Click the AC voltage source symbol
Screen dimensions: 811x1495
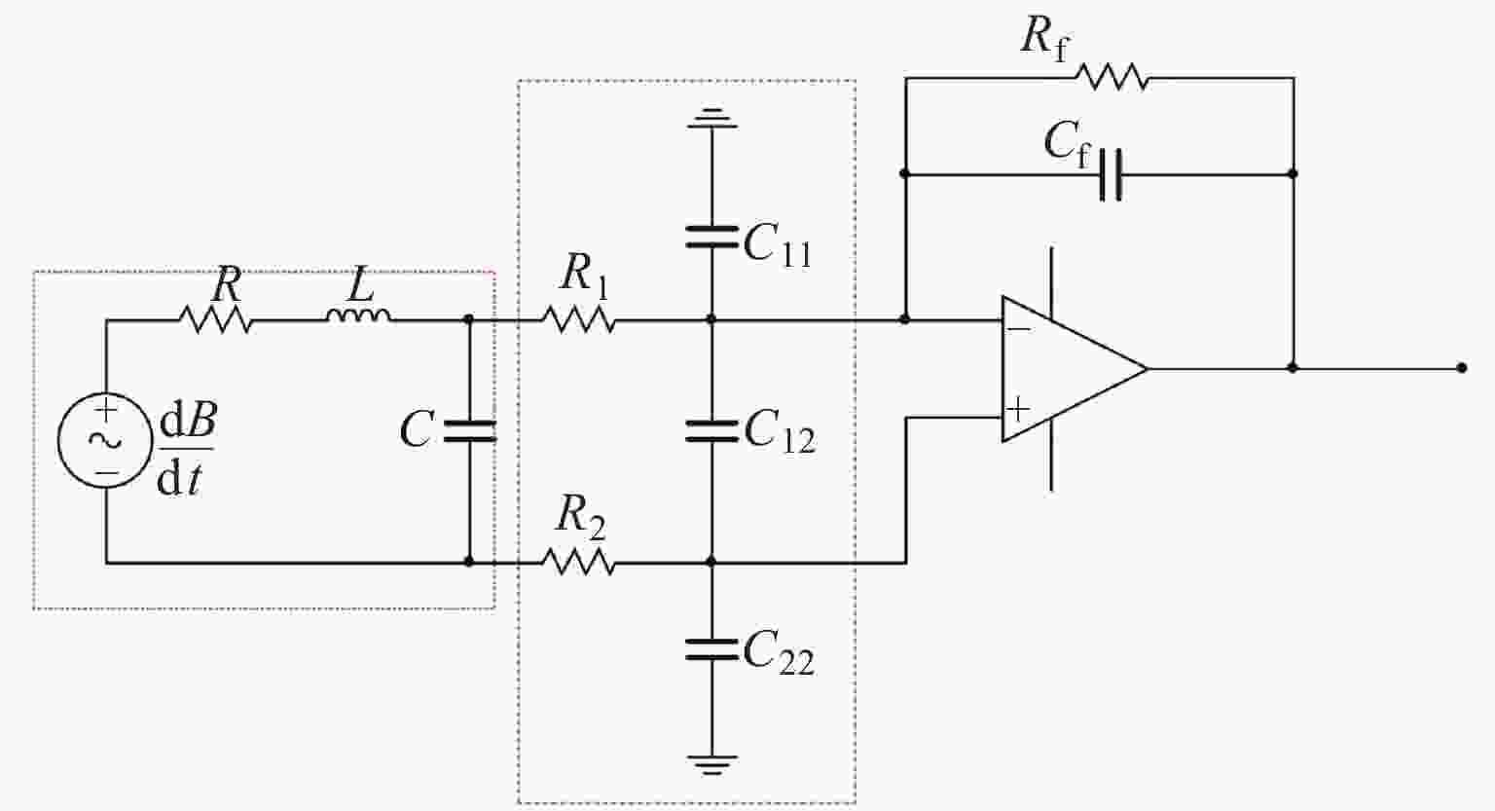click(x=105, y=440)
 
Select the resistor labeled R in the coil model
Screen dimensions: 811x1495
click(x=216, y=319)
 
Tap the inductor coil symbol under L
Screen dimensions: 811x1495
click(x=359, y=315)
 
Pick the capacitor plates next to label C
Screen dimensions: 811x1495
click(x=469, y=431)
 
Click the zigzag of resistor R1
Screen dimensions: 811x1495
click(x=579, y=319)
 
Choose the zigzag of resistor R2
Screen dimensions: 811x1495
click(x=579, y=562)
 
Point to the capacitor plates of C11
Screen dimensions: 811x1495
click(x=711, y=237)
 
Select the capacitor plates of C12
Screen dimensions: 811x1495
click(x=711, y=431)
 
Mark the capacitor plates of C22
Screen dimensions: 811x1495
click(x=711, y=649)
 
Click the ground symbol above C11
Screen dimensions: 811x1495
click(x=711, y=118)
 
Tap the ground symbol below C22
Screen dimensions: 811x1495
click(x=711, y=764)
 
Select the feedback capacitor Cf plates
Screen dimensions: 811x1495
click(x=1111, y=174)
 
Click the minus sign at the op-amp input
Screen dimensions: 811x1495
click(x=1018, y=330)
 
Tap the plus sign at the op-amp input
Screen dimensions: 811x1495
click(x=1018, y=408)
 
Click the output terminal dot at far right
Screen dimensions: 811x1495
click(x=1461, y=368)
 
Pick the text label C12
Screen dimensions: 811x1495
click(x=779, y=431)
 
